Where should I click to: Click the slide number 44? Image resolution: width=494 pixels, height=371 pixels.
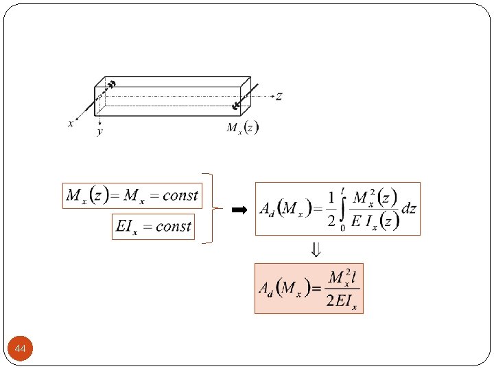(21, 350)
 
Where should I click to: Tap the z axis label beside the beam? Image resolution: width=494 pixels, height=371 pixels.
(279, 96)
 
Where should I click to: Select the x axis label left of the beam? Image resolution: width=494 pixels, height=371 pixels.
(70, 124)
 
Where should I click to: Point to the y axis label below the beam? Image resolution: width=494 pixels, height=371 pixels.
(99, 131)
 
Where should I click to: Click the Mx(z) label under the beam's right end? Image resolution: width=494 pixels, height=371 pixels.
(243, 128)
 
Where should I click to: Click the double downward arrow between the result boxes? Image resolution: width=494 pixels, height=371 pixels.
(316, 249)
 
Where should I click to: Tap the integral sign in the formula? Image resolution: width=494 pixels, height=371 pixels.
(342, 208)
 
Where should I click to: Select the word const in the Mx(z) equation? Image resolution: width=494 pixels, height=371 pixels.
(180, 196)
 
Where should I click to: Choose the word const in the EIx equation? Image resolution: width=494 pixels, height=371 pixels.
(174, 227)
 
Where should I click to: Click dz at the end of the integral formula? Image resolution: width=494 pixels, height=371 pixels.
(409, 209)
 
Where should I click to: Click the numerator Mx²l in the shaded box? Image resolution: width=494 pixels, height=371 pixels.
(343, 278)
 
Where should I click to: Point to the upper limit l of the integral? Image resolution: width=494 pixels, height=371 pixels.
(342, 189)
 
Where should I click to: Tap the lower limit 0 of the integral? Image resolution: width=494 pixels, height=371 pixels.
(342, 227)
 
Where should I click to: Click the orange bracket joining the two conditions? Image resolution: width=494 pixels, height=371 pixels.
(213, 207)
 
